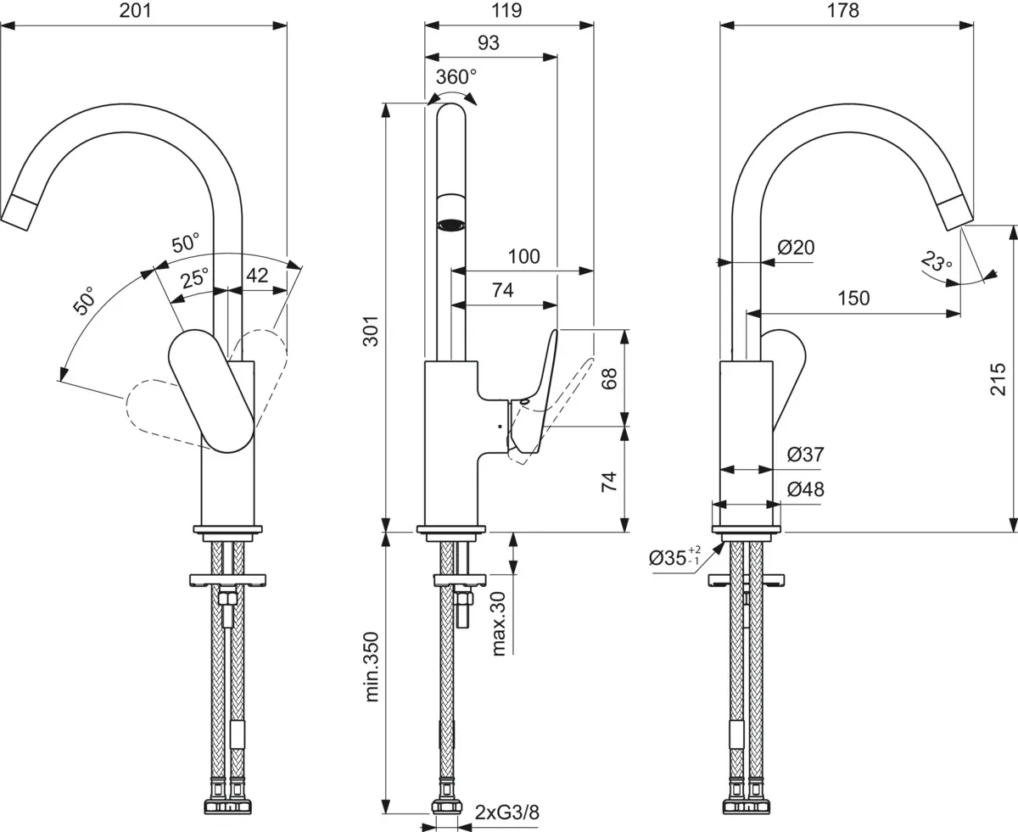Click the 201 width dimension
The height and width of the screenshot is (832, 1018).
[143, 10]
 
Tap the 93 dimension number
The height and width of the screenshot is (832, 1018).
[489, 42]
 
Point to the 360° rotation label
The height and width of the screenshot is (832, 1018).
[456, 77]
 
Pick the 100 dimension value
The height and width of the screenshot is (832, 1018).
[523, 256]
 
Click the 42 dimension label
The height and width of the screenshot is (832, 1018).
[257, 275]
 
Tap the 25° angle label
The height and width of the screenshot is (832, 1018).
[195, 277]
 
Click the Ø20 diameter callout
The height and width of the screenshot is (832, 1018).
[796, 248]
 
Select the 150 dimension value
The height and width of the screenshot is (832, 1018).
[853, 299]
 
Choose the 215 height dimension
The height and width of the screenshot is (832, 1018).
[998, 380]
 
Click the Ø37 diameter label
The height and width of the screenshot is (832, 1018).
[805, 455]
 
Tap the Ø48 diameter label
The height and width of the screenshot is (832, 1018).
[805, 489]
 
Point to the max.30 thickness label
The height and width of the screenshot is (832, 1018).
[498, 623]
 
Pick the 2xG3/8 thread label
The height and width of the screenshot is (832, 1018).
[507, 812]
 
